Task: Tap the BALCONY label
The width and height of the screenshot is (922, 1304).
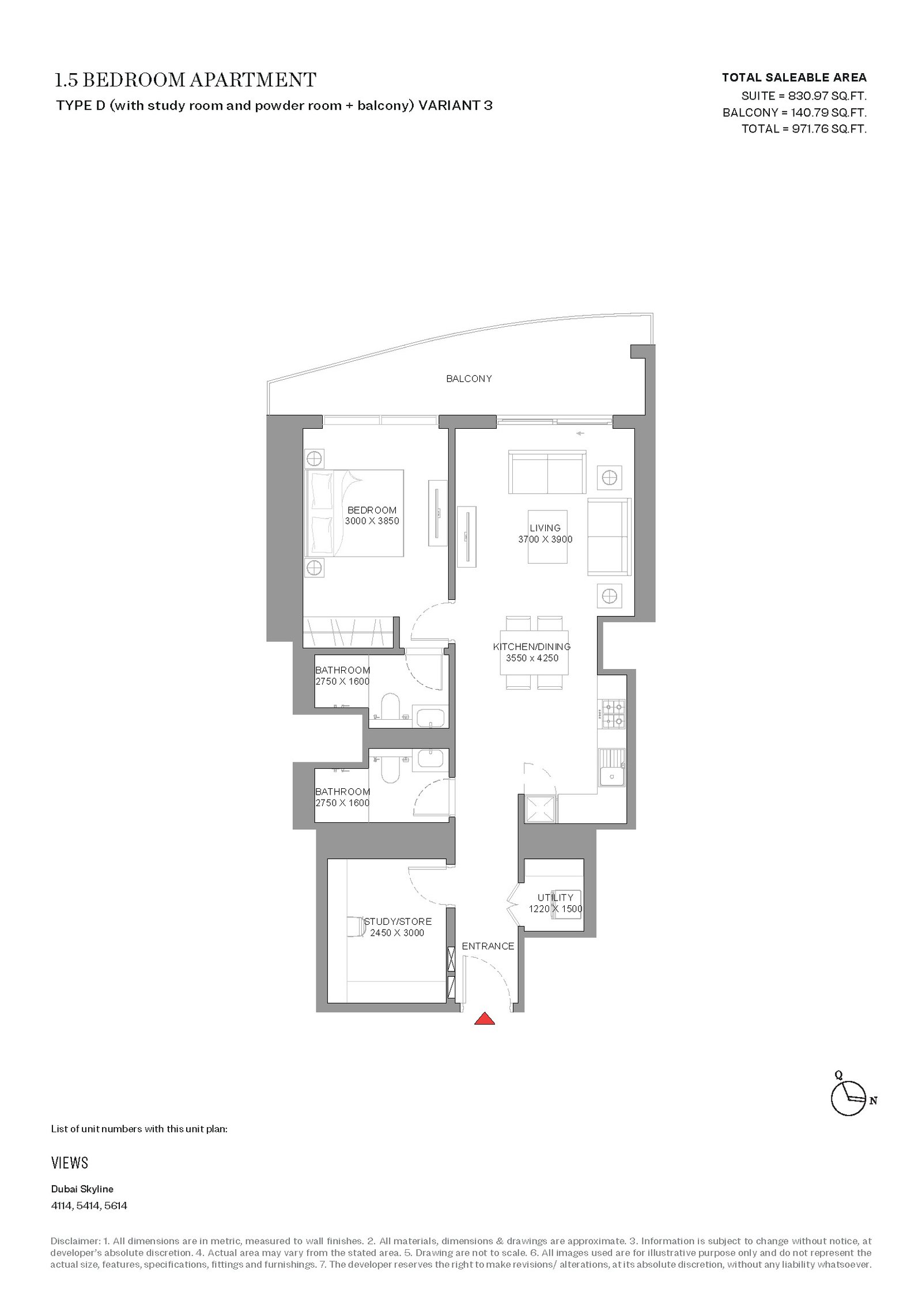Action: coord(469,379)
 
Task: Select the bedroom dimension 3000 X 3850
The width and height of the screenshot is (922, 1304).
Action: coord(372,521)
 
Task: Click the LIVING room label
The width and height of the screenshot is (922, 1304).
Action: coord(545,528)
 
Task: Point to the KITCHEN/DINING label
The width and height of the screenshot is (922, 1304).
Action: coord(532,647)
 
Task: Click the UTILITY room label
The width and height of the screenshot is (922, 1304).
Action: coord(556,897)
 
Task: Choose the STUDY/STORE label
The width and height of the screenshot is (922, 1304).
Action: coord(398,921)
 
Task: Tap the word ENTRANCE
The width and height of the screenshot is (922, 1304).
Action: coord(488,946)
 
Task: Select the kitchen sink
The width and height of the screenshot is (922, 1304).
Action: coord(612,767)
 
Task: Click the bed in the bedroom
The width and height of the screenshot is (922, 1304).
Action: coord(354,513)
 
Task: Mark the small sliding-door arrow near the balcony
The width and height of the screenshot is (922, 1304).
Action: coord(580,433)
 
